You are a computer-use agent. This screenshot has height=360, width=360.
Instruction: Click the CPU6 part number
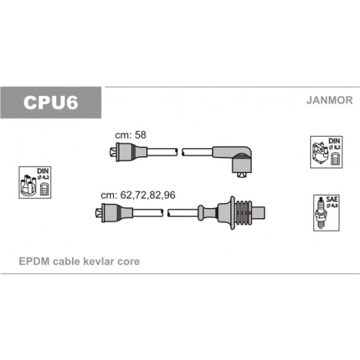[51, 103]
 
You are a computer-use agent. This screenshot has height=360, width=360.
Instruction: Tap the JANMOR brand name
[329, 101]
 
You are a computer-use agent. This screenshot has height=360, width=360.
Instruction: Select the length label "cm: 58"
[130, 135]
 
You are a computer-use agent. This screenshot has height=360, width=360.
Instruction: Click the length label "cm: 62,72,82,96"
[138, 195]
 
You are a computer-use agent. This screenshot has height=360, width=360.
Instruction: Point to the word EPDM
[34, 262]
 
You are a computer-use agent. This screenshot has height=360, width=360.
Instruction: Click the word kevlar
[98, 262]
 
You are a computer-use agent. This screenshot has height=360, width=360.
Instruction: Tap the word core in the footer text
[128, 262]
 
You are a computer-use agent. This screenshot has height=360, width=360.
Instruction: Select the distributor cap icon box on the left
[35, 183]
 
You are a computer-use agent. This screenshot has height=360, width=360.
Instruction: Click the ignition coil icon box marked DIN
[326, 152]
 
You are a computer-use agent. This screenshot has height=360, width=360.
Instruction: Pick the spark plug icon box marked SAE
[326, 213]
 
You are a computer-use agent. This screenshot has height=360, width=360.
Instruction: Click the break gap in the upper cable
[180, 152]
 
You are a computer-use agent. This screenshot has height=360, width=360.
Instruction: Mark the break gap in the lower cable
[165, 213]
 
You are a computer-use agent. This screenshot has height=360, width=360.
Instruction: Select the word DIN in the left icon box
[43, 171]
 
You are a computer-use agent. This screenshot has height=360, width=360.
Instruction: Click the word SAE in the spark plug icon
[331, 199]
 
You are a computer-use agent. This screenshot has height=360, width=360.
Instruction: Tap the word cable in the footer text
[66, 262]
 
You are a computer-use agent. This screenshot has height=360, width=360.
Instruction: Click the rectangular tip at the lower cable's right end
[259, 213]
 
